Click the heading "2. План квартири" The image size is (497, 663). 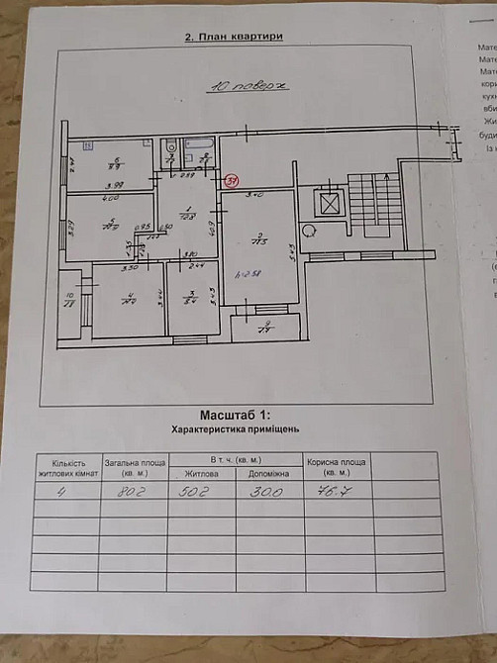(235, 37)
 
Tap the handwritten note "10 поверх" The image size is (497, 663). (247, 86)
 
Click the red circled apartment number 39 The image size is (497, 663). (232, 181)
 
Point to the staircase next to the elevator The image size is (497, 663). (375, 203)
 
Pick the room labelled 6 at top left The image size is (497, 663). (114, 163)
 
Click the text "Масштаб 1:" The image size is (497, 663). (235, 418)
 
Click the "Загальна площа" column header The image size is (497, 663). (134, 467)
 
